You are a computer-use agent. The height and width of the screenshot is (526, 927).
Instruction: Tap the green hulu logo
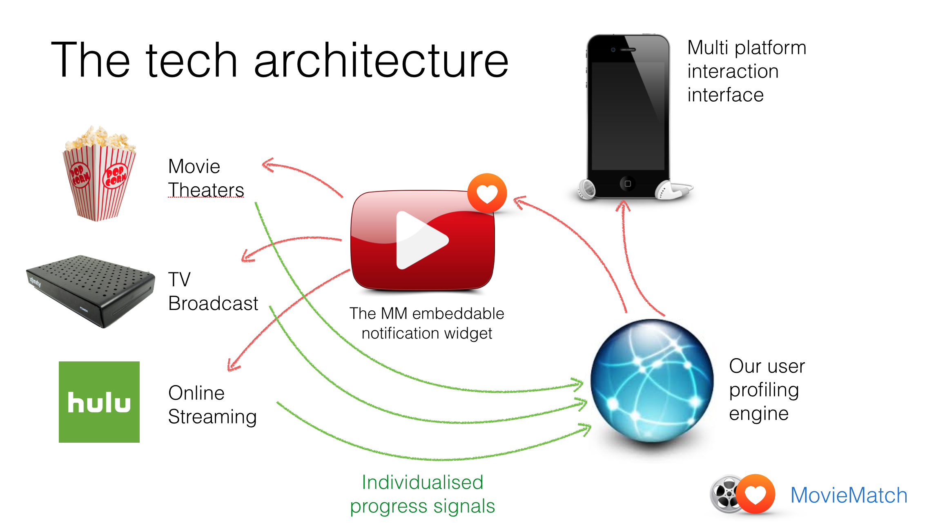(x=99, y=402)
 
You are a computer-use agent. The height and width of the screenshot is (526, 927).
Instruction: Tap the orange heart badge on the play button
(x=487, y=194)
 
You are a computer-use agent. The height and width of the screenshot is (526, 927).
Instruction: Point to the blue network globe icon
(x=652, y=381)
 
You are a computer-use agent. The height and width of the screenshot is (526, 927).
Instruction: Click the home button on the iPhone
(x=628, y=184)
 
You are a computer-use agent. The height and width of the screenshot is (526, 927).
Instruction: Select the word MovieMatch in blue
(x=849, y=495)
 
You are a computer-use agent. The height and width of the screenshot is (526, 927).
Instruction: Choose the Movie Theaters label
(x=206, y=178)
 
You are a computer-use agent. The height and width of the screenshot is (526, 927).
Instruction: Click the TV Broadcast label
(x=213, y=291)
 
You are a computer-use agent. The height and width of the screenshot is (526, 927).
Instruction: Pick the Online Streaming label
(x=212, y=405)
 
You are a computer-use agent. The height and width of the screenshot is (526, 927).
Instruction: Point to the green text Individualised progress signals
(x=422, y=494)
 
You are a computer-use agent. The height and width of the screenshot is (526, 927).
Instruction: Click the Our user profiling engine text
(x=767, y=390)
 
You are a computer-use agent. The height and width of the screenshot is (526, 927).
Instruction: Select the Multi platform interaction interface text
(x=747, y=71)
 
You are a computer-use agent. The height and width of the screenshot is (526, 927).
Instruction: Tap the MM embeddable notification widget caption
(x=427, y=323)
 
